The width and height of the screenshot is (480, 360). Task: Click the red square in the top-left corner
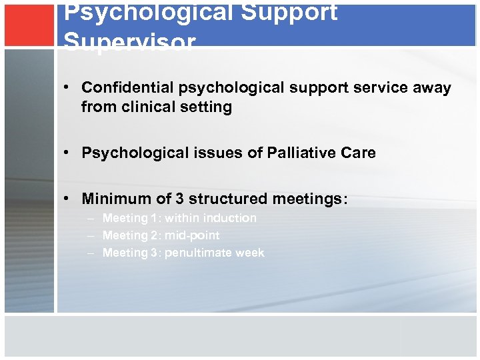point(29,25)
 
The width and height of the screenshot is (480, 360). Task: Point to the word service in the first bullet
point(363,87)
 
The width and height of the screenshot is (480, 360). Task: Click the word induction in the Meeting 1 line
point(231,218)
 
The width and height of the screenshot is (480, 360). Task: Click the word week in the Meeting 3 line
point(251,253)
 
